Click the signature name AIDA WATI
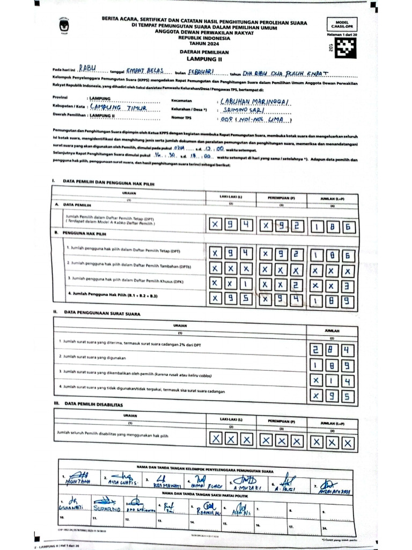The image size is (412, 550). tap(122, 482)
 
